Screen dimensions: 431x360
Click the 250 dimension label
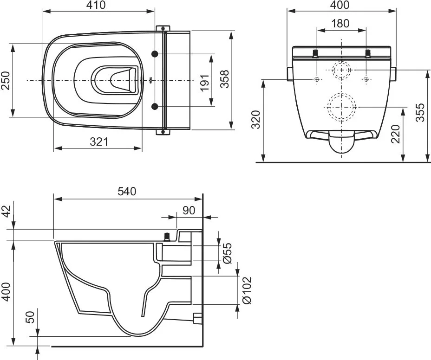click(5, 80)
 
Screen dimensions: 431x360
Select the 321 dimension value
click(99, 141)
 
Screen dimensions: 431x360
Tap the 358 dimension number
click(225, 79)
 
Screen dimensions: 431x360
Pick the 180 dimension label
click(340, 23)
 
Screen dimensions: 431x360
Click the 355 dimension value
click(420, 112)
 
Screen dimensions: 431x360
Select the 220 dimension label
click(395, 134)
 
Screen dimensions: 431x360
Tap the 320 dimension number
click(256, 119)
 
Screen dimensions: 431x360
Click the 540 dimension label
click(127, 191)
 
